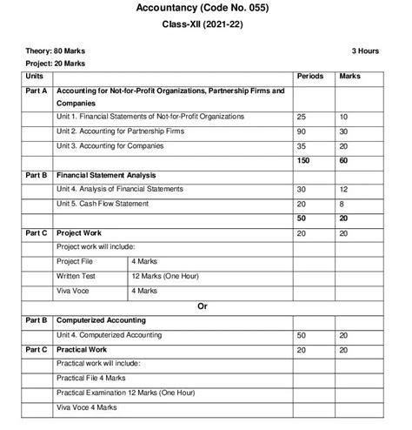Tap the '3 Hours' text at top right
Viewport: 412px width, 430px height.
click(x=365, y=50)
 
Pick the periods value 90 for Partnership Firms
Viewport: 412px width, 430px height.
click(x=302, y=131)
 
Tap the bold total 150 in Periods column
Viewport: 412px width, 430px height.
click(x=303, y=160)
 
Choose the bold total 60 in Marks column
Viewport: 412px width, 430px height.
click(x=344, y=160)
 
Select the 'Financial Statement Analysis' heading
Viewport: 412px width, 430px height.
click(x=107, y=175)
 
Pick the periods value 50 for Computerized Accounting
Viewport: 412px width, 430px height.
click(x=302, y=334)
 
